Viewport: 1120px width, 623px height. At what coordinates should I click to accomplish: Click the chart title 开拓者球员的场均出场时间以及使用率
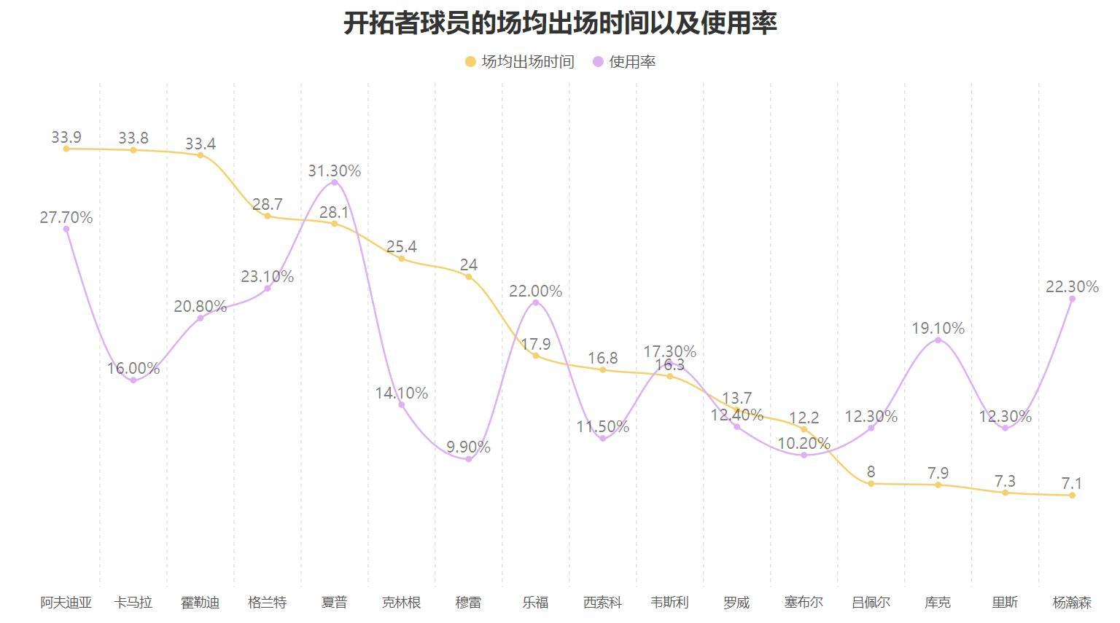[x=560, y=23]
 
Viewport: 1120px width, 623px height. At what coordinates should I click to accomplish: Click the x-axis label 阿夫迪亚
[x=66, y=603]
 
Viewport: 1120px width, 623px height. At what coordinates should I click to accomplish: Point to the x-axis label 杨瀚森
[x=1072, y=603]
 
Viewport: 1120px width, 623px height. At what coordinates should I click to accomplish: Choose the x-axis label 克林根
[x=401, y=603]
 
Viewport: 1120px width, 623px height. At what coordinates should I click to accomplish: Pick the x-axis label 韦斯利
[x=669, y=603]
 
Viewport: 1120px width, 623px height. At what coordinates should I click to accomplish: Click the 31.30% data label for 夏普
[x=334, y=171]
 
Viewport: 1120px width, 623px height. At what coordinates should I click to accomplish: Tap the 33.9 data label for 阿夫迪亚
[x=66, y=137]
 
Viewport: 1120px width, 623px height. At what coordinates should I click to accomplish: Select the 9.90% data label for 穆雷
[x=468, y=447]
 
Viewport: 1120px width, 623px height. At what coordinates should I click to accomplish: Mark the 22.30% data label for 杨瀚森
[x=1072, y=286]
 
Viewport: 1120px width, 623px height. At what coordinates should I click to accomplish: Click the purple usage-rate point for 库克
[x=938, y=340]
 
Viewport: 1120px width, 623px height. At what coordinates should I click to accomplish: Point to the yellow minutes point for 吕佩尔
[x=871, y=484]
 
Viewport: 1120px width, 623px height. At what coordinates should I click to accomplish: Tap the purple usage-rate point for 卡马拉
[x=133, y=380]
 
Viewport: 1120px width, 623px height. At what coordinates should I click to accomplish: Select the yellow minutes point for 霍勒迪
[x=201, y=155]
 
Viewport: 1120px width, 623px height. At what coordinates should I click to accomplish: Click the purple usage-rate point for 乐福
[x=536, y=302]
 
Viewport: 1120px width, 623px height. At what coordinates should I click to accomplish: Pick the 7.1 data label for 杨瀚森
[x=1072, y=483]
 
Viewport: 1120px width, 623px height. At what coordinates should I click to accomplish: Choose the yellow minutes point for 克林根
[x=401, y=259]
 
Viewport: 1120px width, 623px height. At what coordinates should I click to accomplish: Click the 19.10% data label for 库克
[x=938, y=328]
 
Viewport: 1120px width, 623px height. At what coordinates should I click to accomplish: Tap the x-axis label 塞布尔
[x=804, y=603]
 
